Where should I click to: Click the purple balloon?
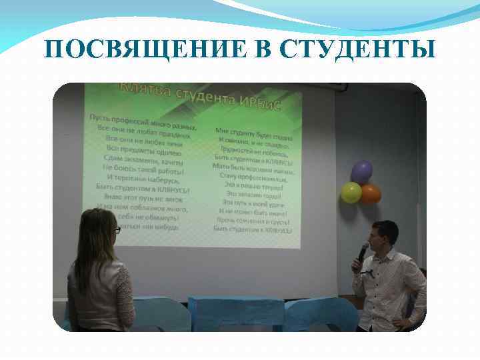tap(361, 171)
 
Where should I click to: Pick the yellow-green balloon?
tap(351, 192)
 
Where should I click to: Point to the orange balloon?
tap(371, 193)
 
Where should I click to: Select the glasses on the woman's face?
tap(117, 229)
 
